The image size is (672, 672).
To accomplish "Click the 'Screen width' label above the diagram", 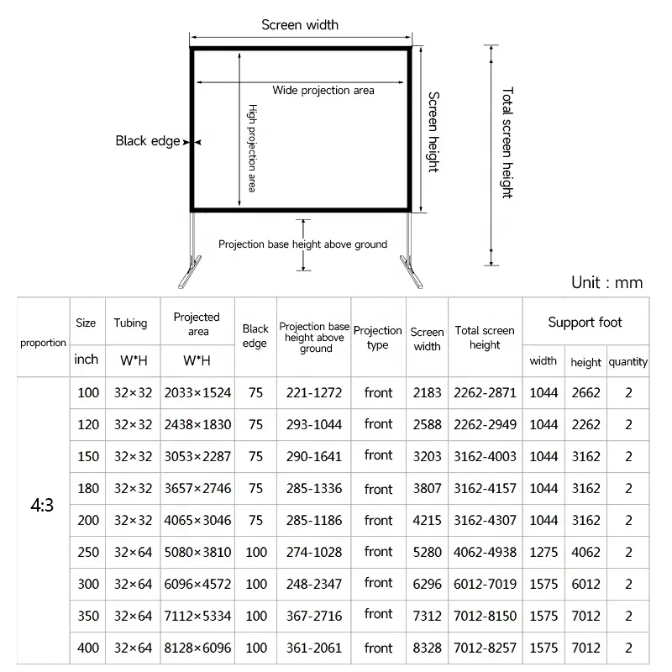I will (x=300, y=24).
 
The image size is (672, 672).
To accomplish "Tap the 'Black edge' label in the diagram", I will (x=147, y=141).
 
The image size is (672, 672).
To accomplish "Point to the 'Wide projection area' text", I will (x=323, y=91).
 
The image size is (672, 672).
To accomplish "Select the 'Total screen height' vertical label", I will (x=507, y=142).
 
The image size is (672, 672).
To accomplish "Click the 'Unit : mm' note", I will (x=606, y=282).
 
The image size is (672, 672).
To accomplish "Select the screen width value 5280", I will (x=427, y=552).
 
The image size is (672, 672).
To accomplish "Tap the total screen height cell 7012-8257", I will (x=485, y=648).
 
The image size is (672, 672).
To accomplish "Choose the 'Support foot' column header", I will (x=585, y=323).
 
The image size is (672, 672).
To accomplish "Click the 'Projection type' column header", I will (x=378, y=338).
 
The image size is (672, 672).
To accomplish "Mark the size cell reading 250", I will (x=87, y=552).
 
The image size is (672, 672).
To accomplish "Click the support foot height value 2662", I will (x=585, y=392).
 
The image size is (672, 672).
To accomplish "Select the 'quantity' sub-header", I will (x=628, y=362).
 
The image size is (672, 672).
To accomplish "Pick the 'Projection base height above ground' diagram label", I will (x=302, y=244).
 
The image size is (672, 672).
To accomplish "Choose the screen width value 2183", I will (x=427, y=392).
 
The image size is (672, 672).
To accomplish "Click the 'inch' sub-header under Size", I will (x=87, y=360).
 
